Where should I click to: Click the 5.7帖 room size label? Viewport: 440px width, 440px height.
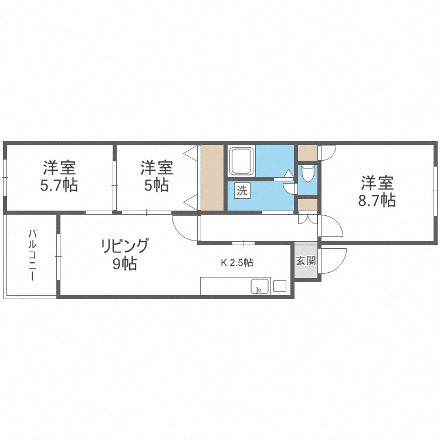click(59, 185)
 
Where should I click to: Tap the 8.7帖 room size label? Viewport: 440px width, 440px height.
click(377, 201)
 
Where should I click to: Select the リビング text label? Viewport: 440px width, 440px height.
click(124, 246)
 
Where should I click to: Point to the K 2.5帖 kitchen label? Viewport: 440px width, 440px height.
click(237, 262)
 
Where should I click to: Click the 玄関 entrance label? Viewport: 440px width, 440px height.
click(306, 260)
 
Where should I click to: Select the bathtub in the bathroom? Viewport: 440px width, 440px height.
click(242, 161)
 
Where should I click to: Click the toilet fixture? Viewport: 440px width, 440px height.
click(307, 173)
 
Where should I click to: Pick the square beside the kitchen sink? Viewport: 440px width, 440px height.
click(280, 286)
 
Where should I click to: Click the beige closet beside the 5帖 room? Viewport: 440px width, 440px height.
click(212, 177)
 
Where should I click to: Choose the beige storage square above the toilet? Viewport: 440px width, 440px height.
click(307, 153)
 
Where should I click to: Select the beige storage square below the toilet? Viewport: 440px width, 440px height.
click(307, 204)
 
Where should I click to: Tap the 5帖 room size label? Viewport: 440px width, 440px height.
click(157, 185)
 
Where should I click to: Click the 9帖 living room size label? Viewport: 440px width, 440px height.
click(124, 264)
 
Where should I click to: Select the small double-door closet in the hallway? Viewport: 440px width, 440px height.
click(307, 219)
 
